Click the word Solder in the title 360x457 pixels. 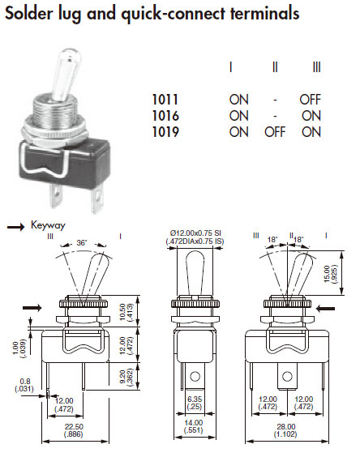tap(29, 13)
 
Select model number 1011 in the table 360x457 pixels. tap(165, 100)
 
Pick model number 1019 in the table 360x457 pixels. tap(165, 132)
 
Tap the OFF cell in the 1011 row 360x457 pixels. tap(310, 100)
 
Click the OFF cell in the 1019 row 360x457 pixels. tap(275, 132)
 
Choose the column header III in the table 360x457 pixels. tap(317, 67)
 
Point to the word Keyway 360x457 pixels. tap(48, 225)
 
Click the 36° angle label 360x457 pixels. tap(82, 242)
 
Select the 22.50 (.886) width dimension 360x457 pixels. tap(74, 430)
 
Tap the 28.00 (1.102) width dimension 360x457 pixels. tap(286, 430)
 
